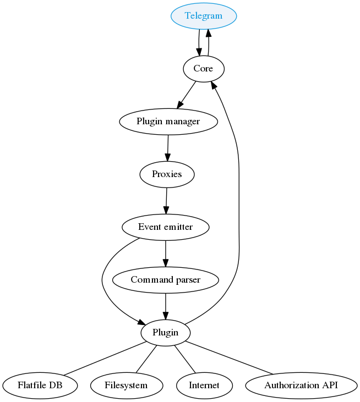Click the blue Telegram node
204,16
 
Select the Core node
204,68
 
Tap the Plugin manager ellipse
168,121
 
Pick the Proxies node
167,174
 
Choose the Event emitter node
166,227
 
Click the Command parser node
166,280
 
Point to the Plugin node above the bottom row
166,333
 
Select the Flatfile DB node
40,385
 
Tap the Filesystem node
126,385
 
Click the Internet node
204,385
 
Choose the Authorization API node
301,385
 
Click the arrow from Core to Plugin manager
187,95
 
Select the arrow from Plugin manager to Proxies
167,147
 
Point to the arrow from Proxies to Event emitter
166,200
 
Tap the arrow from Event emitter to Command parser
166,253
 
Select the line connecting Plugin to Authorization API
230,358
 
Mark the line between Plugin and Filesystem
146,359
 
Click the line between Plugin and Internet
185,359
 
